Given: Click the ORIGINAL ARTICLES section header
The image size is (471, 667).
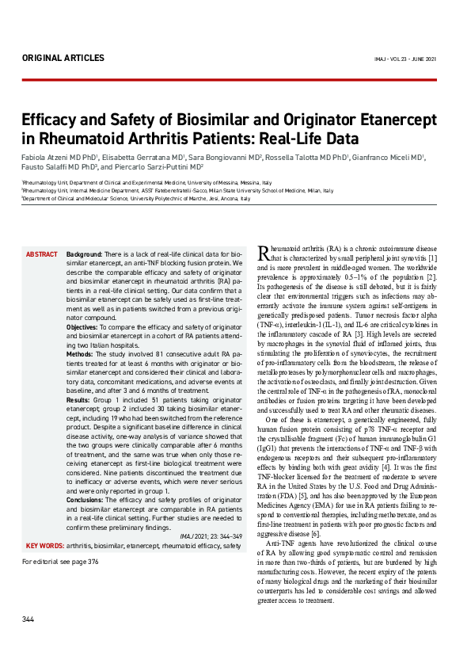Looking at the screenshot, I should point(63,58).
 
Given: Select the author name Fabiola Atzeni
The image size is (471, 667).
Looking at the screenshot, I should point(51,158).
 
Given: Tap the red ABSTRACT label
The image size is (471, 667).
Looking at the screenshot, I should point(42,254).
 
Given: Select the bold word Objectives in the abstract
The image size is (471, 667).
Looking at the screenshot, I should point(83,326).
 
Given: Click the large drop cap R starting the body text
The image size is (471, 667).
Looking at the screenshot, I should point(264,253).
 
